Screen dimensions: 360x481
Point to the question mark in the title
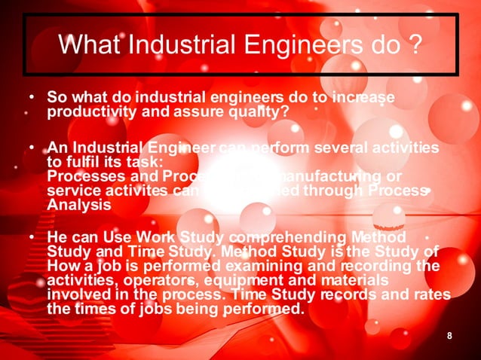pyautogui.click(x=415, y=46)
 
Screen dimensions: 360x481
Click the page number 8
pyautogui.click(x=449, y=335)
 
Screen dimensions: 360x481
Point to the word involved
pyautogui.click(x=76, y=294)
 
